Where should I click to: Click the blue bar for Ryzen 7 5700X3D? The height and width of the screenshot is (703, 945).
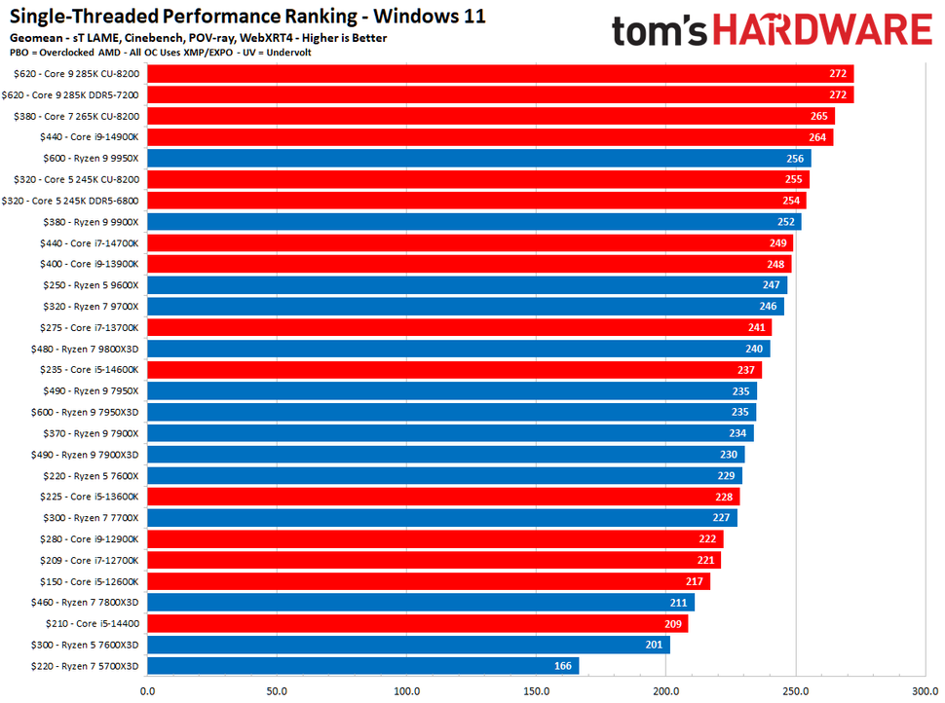click(362, 666)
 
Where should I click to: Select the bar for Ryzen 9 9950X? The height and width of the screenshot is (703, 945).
click(478, 159)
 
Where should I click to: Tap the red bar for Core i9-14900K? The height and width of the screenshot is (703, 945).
click(490, 137)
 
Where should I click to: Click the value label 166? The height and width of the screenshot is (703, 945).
click(563, 666)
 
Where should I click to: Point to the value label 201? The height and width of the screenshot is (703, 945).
click(654, 645)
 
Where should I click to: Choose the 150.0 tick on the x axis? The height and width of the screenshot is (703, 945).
click(537, 692)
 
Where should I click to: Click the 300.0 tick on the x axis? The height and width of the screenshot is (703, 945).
click(924, 692)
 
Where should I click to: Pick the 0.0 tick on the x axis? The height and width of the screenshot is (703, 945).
click(147, 692)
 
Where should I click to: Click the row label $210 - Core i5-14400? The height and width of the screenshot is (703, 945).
click(92, 623)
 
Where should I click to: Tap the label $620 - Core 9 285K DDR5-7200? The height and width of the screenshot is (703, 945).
click(76, 94)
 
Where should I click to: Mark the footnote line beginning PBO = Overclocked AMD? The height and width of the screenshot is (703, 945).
click(161, 53)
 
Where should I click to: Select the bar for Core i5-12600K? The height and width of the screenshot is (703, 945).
click(429, 581)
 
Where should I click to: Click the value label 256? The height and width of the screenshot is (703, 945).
click(795, 159)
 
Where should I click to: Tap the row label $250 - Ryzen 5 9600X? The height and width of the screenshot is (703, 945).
click(91, 285)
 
